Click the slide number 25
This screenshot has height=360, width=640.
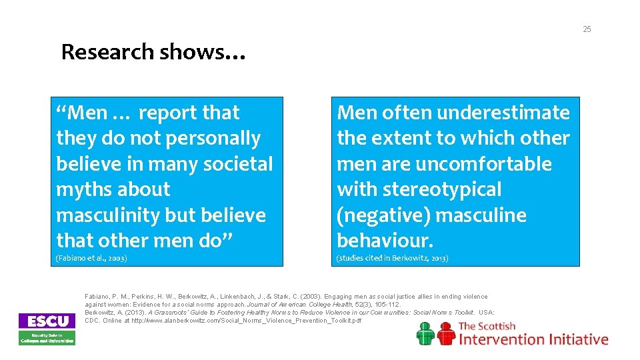pyautogui.click(x=587, y=29)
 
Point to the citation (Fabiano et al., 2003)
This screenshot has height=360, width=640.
pyautogui.click(x=91, y=258)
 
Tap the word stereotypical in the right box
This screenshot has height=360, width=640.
pyautogui.click(x=440, y=190)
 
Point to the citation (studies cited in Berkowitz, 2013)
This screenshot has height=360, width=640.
pyautogui.click(x=393, y=258)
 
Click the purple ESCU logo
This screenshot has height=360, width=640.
pyautogui.click(x=47, y=321)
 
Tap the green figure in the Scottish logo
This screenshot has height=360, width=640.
pyautogui.click(x=426, y=333)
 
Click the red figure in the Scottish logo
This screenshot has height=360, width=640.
pyautogui.click(x=445, y=333)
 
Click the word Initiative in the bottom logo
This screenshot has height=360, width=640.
pyautogui.click(x=576, y=339)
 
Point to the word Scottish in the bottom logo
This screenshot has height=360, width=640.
pyautogui.click(x=497, y=327)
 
